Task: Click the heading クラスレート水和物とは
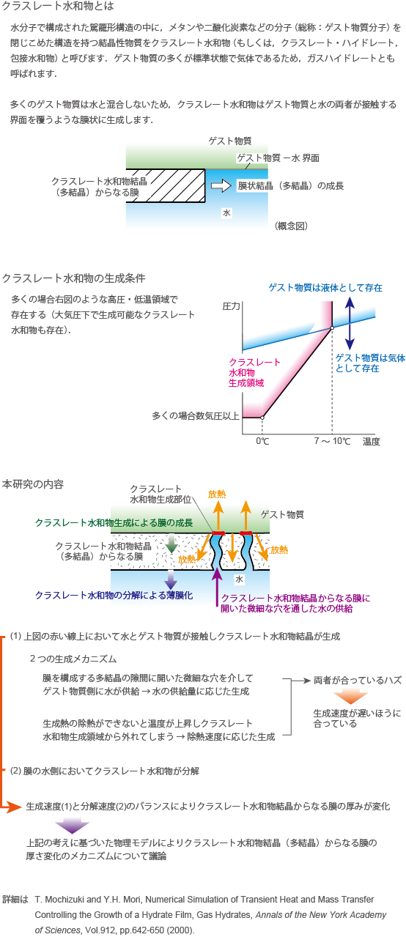[x=58, y=6]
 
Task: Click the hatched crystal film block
[x=166, y=186]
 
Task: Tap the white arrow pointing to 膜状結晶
[x=221, y=186]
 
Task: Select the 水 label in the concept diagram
[x=226, y=213]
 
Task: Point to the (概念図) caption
[x=292, y=226]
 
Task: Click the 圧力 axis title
[x=231, y=306]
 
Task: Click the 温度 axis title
[x=372, y=441]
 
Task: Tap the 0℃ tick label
[x=262, y=441]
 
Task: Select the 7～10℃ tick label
[x=332, y=441]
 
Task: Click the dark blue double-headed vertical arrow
[x=350, y=323]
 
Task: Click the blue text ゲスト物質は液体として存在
[x=325, y=287]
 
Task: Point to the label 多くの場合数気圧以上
[x=196, y=416]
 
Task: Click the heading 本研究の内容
[x=33, y=484]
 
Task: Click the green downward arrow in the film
[x=171, y=543]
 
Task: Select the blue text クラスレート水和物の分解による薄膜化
[x=114, y=595]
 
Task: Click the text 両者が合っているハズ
[x=358, y=680]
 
